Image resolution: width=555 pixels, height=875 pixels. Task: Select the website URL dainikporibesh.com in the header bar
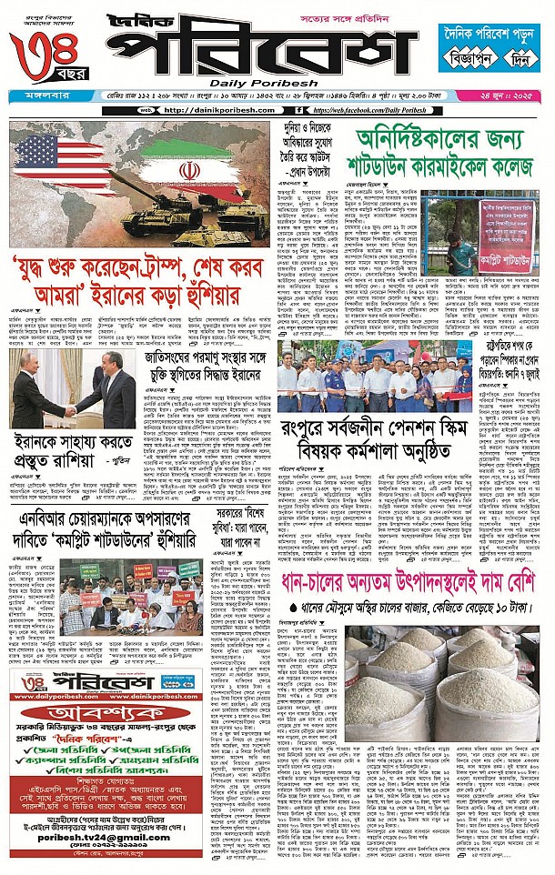[215, 110]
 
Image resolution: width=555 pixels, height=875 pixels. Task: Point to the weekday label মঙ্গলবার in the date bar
[35, 96]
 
